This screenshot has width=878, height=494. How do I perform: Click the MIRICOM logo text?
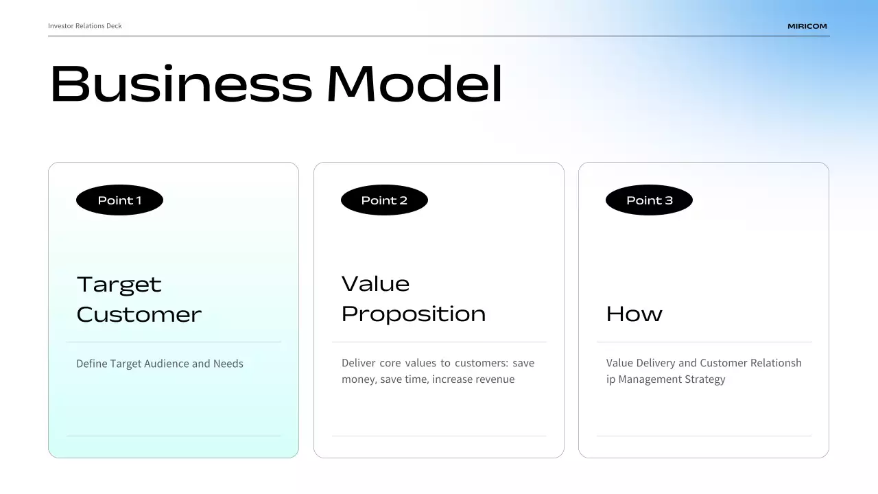(807, 26)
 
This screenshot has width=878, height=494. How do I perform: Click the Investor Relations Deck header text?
(85, 26)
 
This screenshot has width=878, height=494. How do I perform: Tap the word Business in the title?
(181, 84)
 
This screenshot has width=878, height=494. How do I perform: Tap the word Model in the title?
(414, 84)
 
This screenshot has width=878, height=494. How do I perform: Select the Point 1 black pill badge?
(119, 200)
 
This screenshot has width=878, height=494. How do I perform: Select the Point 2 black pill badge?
(384, 200)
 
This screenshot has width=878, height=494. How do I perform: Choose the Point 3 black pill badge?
(649, 200)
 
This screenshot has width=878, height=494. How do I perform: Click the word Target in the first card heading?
(119, 284)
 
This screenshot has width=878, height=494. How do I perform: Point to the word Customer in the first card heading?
(139, 314)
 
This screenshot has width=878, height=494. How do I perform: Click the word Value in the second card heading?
(375, 283)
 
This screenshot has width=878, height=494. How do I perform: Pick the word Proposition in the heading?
(414, 314)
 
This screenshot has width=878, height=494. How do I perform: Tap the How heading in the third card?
(634, 314)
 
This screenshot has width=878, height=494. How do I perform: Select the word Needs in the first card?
(228, 364)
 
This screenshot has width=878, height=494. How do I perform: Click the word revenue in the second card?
(493, 379)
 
